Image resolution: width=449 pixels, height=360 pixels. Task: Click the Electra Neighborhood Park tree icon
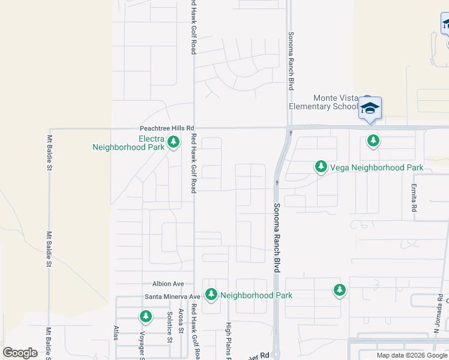click(173, 142)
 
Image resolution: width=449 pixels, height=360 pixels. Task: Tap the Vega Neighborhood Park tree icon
click(321, 167)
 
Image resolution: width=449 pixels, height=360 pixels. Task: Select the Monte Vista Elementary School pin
click(370, 109)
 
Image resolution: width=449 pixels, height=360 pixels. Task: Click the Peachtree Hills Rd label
click(167, 128)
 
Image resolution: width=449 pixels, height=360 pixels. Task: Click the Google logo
click(20, 353)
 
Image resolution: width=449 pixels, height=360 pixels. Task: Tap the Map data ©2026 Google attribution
click(411, 355)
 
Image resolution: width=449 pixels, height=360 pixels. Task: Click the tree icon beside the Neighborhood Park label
click(211, 295)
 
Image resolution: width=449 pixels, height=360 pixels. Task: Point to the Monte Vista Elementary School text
click(323, 102)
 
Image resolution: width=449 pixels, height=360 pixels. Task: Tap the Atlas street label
click(116, 334)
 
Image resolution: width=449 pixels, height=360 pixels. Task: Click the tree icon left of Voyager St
click(145, 316)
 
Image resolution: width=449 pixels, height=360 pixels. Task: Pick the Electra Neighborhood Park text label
click(128, 142)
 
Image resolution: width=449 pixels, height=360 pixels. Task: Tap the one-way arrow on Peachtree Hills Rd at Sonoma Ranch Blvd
click(291, 132)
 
